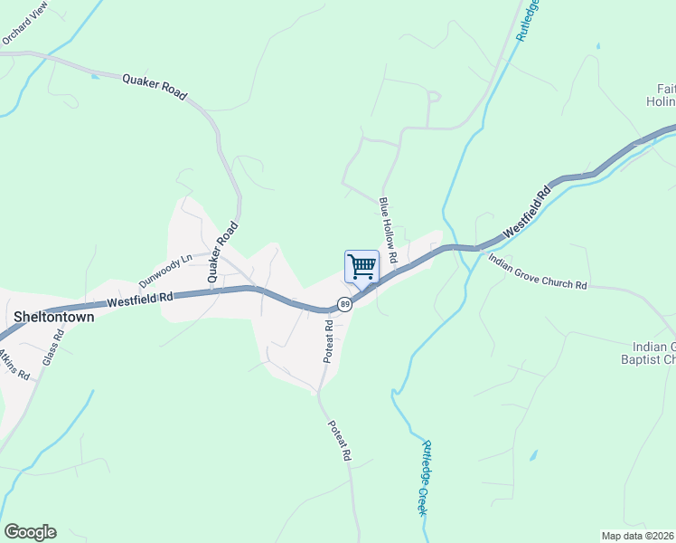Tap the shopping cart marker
[x=361, y=268]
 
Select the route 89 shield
[x=344, y=303]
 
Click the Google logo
[x=30, y=532]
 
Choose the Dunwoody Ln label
[x=165, y=270]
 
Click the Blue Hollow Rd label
[x=389, y=230]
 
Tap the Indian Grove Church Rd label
[x=538, y=271]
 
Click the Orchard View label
[x=24, y=24]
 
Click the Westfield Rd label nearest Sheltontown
[x=139, y=300]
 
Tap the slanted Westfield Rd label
[x=527, y=213]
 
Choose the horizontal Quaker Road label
[x=155, y=87]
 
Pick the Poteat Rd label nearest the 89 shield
[x=330, y=340]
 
